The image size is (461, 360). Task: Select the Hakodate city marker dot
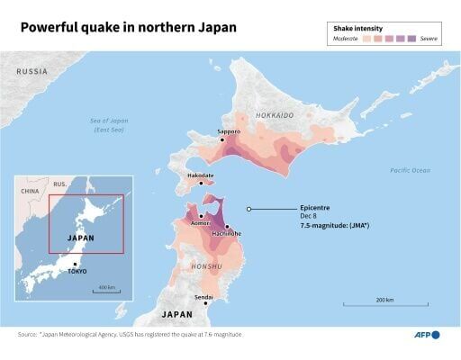tap(201, 182)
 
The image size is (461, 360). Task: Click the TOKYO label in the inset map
tap(77, 271)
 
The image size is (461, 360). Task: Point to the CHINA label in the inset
tap(31, 191)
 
